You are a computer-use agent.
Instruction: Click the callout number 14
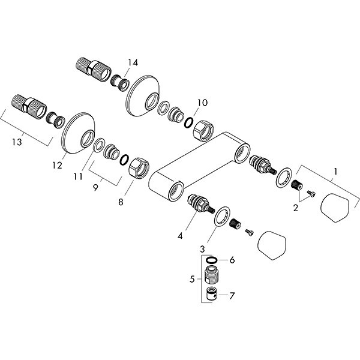tap(133, 62)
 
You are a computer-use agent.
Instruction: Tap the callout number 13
tap(17, 142)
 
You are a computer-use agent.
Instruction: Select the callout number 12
tap(57, 165)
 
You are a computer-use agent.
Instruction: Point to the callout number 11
tap(78, 176)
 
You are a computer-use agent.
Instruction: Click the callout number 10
tap(203, 103)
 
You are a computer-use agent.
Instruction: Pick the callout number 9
tap(95, 188)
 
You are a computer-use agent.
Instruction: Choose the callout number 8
tap(121, 202)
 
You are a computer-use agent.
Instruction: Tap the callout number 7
tap(232, 296)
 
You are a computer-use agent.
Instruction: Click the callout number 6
tap(232, 260)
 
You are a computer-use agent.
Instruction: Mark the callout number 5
tap(192, 279)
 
